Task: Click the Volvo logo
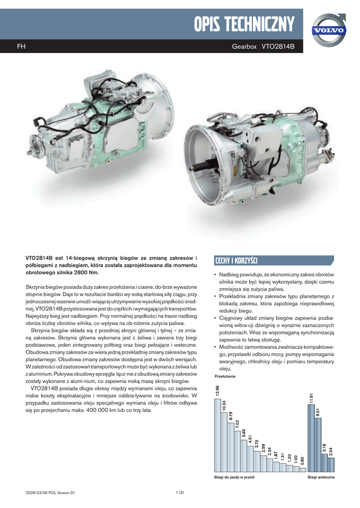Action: (x=329, y=30)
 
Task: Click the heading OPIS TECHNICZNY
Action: (x=244, y=24)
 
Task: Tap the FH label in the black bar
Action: (x=21, y=47)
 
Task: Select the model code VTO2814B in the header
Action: (x=278, y=47)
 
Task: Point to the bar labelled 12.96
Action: (x=217, y=435)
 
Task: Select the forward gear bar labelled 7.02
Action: (x=237, y=451)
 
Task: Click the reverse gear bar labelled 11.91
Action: (x=311, y=438)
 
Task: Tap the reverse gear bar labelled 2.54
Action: (x=331, y=464)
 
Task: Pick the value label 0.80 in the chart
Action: (x=302, y=461)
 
